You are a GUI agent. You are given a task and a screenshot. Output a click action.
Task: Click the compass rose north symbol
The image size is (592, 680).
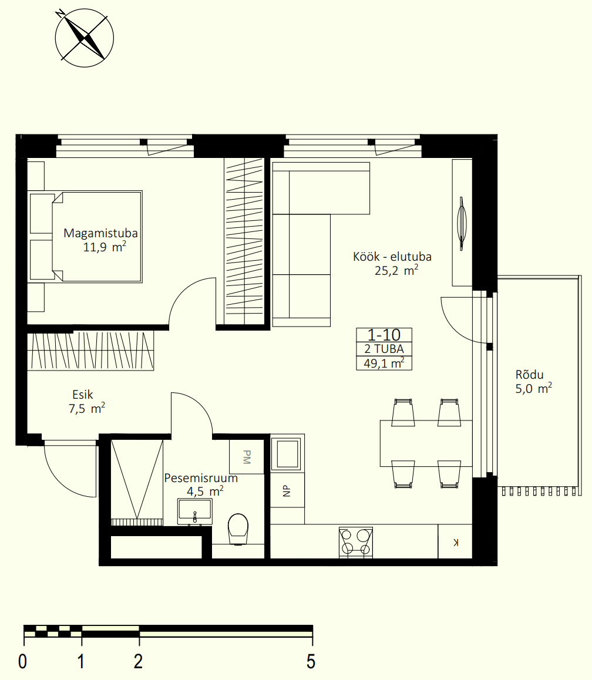point(84,38)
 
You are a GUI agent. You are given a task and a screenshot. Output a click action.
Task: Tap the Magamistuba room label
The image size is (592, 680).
point(100,233)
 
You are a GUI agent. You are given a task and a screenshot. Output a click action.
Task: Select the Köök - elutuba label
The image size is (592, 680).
point(392,257)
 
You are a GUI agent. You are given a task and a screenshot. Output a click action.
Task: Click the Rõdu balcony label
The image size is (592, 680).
point(529,375)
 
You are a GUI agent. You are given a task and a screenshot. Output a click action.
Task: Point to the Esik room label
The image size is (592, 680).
point(82,395)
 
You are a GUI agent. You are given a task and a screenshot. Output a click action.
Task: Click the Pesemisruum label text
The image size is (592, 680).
point(201,479)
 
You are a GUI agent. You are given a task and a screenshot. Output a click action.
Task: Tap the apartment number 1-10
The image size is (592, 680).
point(384,335)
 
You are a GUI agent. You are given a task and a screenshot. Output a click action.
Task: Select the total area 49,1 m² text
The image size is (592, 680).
point(384,363)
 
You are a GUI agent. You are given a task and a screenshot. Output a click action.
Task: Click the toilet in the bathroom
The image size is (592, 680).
point(238,529)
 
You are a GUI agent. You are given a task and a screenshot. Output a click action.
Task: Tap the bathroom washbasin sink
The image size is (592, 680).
point(195,511)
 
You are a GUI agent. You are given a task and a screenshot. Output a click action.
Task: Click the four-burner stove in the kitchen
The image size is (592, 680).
point(356,542)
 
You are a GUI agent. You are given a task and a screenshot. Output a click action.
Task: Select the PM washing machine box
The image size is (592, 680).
point(246,457)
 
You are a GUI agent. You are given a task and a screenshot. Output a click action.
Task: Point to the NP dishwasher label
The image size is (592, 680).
point(286,490)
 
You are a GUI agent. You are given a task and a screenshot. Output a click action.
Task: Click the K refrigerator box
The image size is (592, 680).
point(455,541)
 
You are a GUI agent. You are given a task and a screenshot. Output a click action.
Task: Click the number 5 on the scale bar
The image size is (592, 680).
point(311,662)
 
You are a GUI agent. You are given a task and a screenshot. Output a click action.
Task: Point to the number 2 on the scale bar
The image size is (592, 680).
point(138,662)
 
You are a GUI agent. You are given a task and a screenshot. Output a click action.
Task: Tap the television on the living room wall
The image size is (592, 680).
point(462,223)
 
